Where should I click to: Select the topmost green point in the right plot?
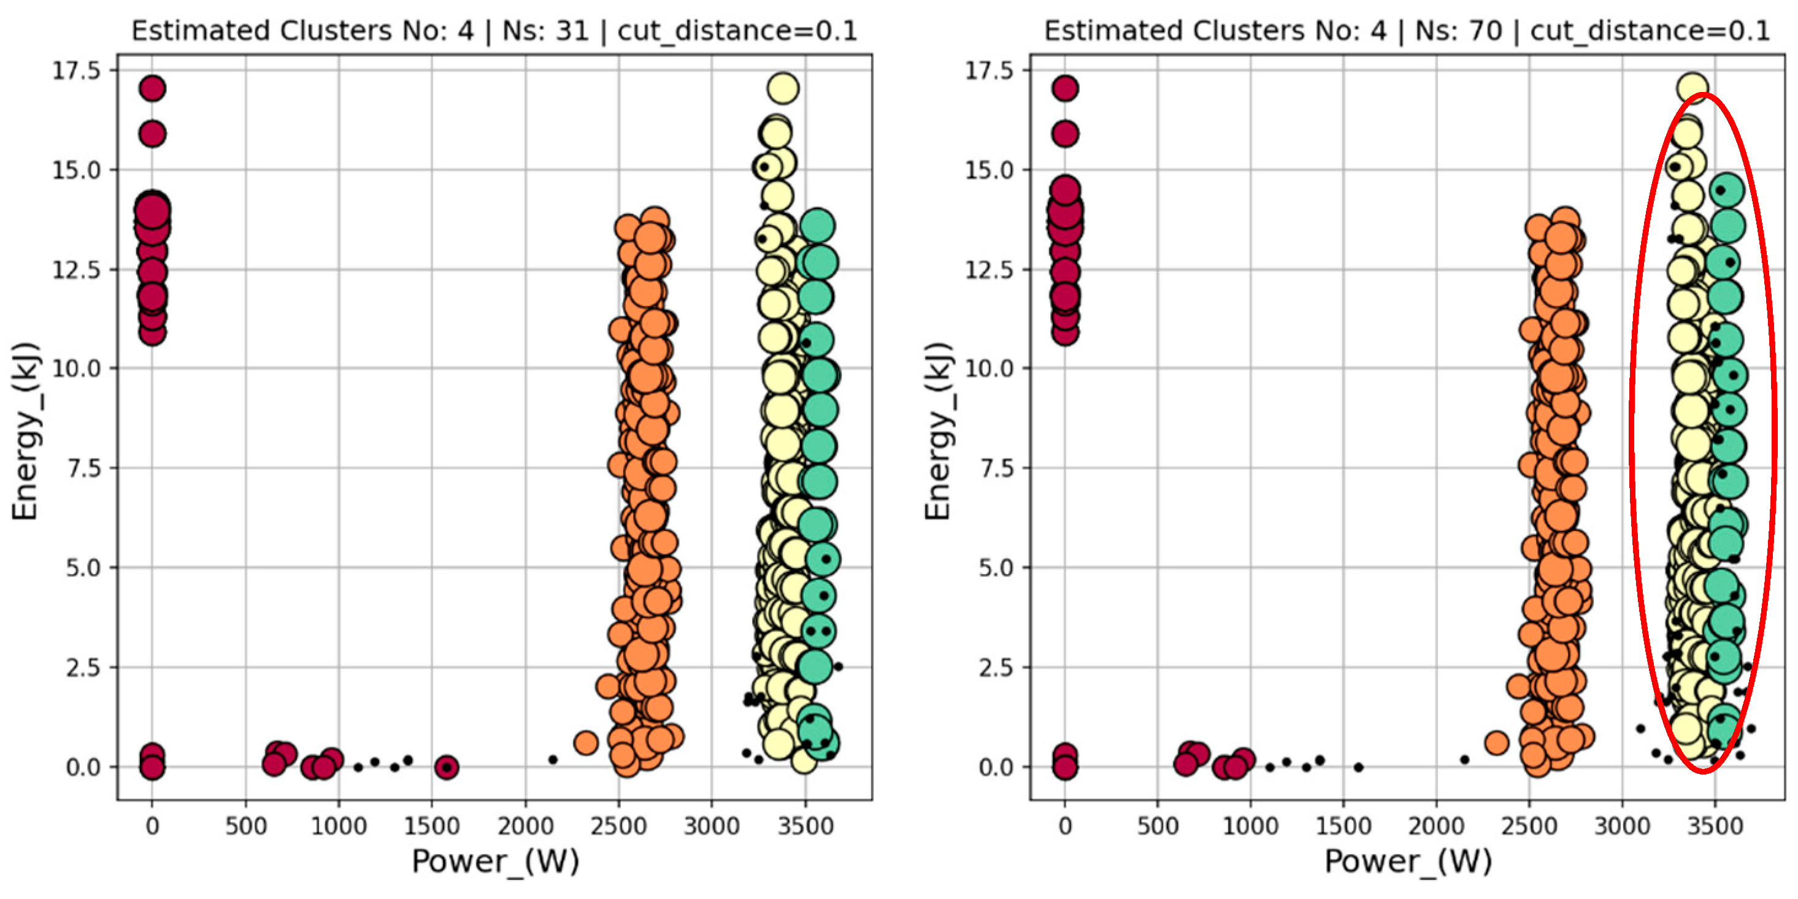[1727, 190]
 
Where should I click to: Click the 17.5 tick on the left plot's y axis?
[77, 71]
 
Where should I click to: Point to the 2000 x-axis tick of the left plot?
[525, 827]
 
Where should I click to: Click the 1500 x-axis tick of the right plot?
[1343, 827]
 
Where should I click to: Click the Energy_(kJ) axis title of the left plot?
[25, 431]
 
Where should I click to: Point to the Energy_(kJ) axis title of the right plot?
[937, 431]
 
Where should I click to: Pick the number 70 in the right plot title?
[1484, 31]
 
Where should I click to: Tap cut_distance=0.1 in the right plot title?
[1650, 31]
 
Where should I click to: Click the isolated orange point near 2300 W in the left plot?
[586, 743]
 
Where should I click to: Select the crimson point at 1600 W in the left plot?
[447, 767]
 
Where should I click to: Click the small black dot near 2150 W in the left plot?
[553, 759]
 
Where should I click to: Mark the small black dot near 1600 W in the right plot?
[1358, 767]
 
